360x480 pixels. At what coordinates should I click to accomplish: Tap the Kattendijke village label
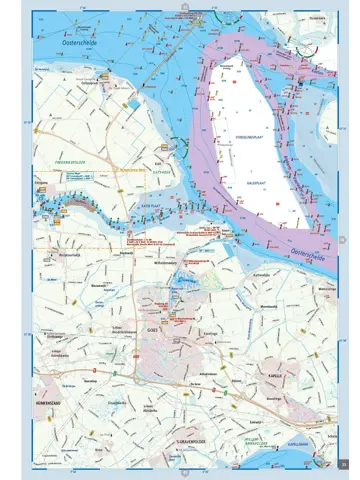[263, 273]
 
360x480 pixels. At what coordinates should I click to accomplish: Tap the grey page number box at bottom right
[343, 462]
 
